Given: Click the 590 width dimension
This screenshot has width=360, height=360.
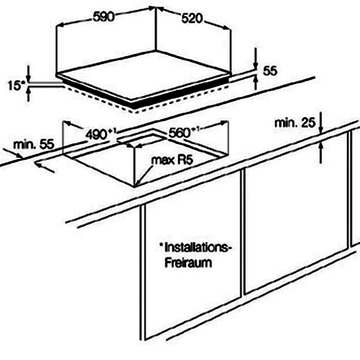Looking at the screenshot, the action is [x=104, y=17].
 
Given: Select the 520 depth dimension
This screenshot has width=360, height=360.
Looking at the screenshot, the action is [x=192, y=19].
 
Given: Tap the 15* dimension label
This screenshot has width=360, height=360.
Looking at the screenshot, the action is [x=16, y=86].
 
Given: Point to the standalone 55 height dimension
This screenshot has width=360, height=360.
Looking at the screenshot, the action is [x=270, y=71].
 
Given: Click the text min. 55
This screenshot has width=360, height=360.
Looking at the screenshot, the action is [x=34, y=144].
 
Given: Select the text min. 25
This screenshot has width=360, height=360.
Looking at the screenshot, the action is [x=295, y=123].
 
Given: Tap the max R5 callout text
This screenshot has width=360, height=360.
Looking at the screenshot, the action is [x=172, y=160].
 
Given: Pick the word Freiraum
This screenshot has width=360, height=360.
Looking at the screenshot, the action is [x=188, y=262].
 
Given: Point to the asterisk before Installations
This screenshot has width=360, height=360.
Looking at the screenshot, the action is [x=161, y=245].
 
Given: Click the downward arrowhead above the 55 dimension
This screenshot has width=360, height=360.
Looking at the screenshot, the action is [x=255, y=65].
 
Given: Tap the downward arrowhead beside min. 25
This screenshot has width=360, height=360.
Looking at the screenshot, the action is [x=321, y=129].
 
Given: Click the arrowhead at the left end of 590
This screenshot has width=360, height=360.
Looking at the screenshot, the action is [x=60, y=24].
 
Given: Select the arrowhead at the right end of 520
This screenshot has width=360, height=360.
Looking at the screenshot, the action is [x=226, y=28].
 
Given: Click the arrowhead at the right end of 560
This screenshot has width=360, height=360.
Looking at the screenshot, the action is [x=224, y=123].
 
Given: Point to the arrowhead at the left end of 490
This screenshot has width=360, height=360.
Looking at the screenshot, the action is [x=67, y=123].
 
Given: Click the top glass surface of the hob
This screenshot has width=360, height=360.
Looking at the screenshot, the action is [x=144, y=75].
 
